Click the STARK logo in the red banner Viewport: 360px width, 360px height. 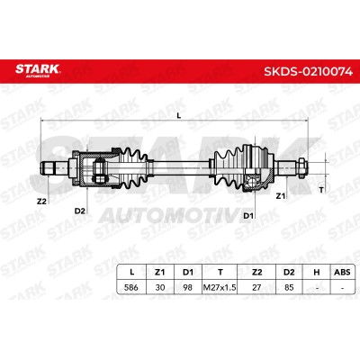coord(38,70)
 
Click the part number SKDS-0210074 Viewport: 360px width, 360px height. coord(308,71)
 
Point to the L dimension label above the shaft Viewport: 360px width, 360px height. coord(179,115)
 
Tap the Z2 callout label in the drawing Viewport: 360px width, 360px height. coord(41,202)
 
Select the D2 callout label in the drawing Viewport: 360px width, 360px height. coord(79,211)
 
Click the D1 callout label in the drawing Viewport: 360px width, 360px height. coord(248,215)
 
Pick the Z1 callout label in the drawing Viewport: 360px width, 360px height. coord(280,196)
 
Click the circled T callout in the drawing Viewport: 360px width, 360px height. coord(322,190)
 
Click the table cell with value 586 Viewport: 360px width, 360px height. coord(131,287)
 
